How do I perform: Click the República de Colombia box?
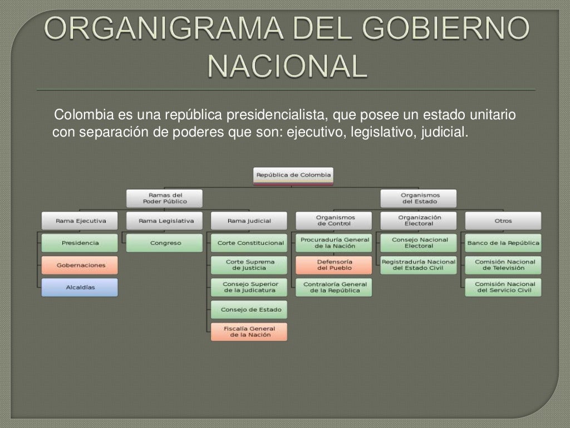click(x=293, y=175)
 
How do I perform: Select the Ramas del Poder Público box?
click(x=164, y=198)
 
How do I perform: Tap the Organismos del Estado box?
click(x=419, y=198)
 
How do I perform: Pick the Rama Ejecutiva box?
click(x=80, y=221)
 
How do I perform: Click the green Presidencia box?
click(x=80, y=243)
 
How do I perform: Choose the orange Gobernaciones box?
click(x=80, y=265)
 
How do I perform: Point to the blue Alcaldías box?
click(x=80, y=288)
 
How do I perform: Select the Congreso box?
click(x=165, y=243)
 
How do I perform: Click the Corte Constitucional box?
click(x=250, y=243)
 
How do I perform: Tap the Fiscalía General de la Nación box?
click(x=250, y=332)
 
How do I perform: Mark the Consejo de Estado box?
click(x=250, y=310)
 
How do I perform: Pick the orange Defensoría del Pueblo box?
click(x=334, y=265)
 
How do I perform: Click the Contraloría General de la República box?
click(x=334, y=288)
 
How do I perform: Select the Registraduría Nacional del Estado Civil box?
click(x=419, y=265)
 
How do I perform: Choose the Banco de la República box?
click(x=503, y=243)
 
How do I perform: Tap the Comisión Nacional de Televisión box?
click(x=503, y=265)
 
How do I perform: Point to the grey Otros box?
click(x=503, y=221)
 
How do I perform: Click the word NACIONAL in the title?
click(x=287, y=65)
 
